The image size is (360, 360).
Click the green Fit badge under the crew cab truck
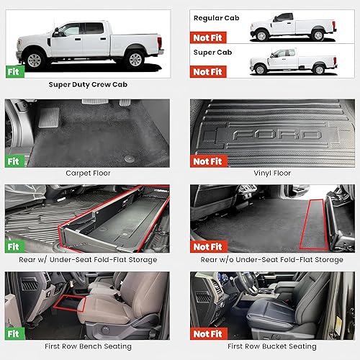[14, 71]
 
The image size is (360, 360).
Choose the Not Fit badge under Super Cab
[207, 71]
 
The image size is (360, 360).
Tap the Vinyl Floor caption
[271, 174]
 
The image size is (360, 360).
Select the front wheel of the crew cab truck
[35, 59]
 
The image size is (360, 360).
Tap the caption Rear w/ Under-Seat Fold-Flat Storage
[87, 259]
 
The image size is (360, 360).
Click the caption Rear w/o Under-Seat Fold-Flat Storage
[271, 259]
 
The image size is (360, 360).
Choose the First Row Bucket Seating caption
[271, 346]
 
